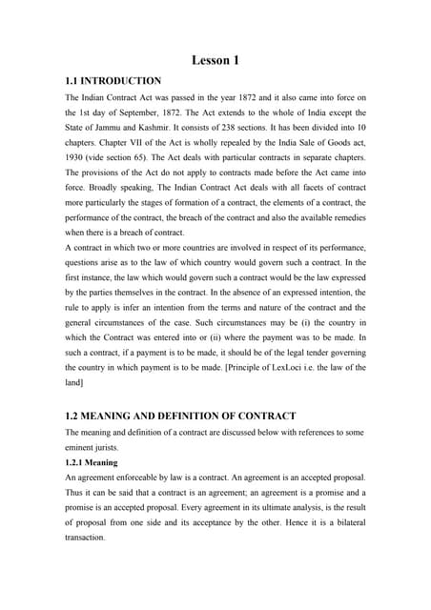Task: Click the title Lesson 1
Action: [215, 61]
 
